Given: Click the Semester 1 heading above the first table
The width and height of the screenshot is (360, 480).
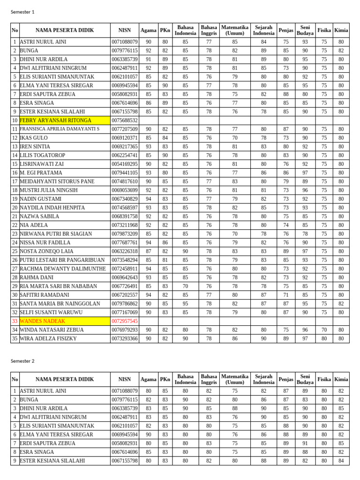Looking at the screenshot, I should pyautogui.click(x=22, y=12).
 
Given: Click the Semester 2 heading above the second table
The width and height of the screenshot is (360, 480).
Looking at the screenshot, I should pyautogui.click(x=22, y=361).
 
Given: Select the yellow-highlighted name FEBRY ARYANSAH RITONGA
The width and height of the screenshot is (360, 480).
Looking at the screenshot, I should pyautogui.click(x=55, y=120).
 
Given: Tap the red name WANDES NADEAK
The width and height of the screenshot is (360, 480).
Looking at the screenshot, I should pyautogui.click(x=42, y=321).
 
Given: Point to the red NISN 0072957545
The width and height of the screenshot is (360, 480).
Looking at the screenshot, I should pyautogui.click(x=125, y=321).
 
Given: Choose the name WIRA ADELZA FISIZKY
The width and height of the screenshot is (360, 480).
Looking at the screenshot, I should pyautogui.click(x=48, y=338).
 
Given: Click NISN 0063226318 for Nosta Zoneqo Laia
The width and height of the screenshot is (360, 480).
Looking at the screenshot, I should pyautogui.click(x=125, y=251).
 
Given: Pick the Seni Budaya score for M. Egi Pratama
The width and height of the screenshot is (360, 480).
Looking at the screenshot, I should pyautogui.click(x=305, y=173).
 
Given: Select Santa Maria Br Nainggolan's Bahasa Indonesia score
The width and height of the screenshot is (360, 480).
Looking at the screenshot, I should pyautogui.click(x=185, y=304).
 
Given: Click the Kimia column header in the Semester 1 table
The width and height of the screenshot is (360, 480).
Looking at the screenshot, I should pyautogui.click(x=341, y=30).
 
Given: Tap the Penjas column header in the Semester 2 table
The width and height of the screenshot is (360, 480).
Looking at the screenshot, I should pyautogui.click(x=286, y=379).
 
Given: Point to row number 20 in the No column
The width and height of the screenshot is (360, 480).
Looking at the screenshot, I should pyautogui.click(x=15, y=208).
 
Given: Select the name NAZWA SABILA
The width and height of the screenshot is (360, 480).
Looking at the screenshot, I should pyautogui.click(x=39, y=217).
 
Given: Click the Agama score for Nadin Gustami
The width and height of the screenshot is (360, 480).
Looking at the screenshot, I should pyautogui.click(x=148, y=199).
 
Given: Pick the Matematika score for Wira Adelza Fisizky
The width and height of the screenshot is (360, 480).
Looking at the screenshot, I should pyautogui.click(x=235, y=338).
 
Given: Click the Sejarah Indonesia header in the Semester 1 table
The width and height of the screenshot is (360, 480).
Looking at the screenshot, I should pyautogui.click(x=263, y=30).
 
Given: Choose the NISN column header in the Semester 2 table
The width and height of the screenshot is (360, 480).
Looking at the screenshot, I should pyautogui.click(x=125, y=379).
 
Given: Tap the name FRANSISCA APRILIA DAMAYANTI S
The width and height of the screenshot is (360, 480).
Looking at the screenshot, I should pyautogui.click(x=60, y=129).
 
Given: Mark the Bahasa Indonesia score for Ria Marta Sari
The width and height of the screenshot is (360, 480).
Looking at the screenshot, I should pyautogui.click(x=185, y=286).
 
